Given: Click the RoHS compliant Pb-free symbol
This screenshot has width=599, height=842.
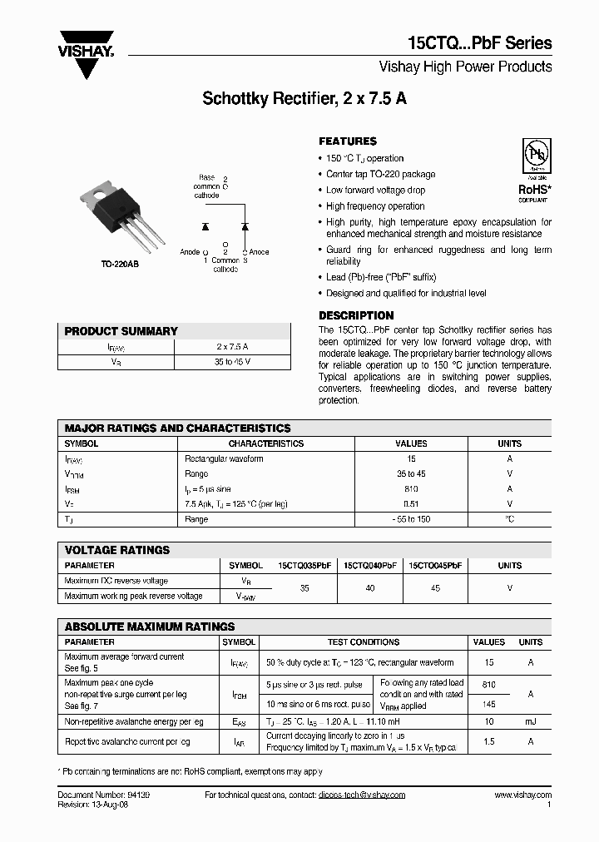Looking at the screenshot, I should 533,159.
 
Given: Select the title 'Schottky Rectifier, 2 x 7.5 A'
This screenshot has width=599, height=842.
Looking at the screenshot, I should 304,98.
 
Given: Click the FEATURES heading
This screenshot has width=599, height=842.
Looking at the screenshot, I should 348,141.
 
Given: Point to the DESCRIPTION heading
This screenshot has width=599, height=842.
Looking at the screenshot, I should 356,315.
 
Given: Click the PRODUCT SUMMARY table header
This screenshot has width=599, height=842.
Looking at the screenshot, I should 121,331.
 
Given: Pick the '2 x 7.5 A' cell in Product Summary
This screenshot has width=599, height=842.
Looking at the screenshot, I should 232,346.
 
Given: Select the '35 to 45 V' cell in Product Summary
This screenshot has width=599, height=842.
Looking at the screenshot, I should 232,362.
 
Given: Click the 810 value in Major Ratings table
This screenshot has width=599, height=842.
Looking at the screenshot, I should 411,489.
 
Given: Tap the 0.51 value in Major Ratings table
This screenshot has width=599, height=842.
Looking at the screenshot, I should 411,504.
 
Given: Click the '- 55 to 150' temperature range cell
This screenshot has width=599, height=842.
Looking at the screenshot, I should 411,519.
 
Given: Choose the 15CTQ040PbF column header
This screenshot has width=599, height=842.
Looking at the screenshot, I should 370,566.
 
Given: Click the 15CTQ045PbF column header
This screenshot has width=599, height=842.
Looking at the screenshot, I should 435,566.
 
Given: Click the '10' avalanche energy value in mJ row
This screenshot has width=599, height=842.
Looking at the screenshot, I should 488,722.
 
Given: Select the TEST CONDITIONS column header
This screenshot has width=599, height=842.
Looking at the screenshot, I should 364,642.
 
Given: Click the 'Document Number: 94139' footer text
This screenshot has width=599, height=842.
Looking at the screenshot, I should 104,795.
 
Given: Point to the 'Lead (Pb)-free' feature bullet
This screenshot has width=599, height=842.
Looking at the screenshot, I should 381,278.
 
